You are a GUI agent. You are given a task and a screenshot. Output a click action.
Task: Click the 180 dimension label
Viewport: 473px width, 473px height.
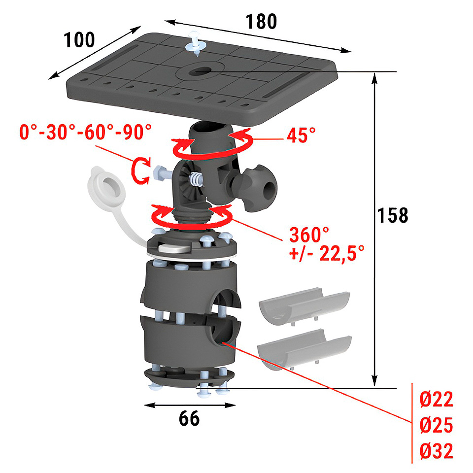point(261,22)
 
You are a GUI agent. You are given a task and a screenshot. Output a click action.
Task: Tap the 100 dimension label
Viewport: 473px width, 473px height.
point(79,40)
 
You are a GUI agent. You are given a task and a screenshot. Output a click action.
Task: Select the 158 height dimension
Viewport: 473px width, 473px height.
point(393,215)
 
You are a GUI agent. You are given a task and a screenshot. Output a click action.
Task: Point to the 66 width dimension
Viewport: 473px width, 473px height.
point(189,418)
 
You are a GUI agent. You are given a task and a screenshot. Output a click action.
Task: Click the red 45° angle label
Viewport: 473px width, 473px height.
point(301,135)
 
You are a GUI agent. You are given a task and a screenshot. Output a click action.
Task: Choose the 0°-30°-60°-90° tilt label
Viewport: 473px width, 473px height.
point(85,132)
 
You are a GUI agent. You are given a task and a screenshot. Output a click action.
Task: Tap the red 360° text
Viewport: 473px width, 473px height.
point(309,235)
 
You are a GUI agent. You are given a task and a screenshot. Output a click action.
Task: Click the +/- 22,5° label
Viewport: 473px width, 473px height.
point(327,253)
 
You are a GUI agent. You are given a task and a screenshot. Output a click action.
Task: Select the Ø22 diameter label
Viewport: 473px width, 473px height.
point(436,400)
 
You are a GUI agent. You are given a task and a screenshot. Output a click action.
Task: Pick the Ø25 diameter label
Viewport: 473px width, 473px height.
point(436,425)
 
